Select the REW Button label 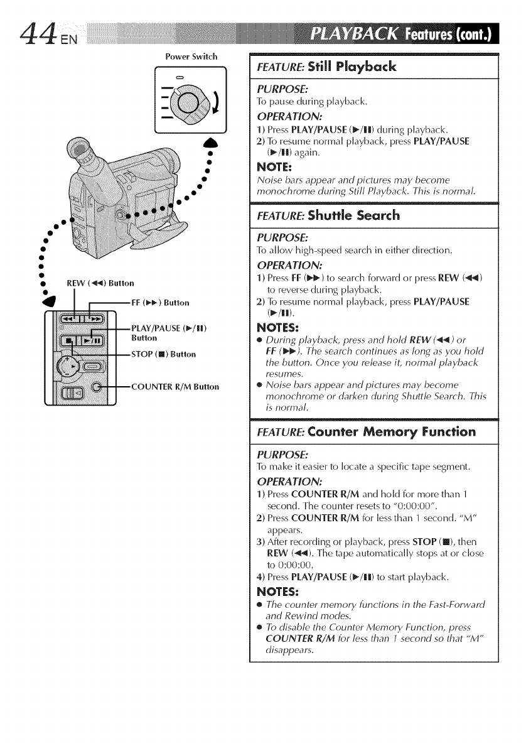coord(100,282)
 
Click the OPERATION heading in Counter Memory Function coord(287,478)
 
